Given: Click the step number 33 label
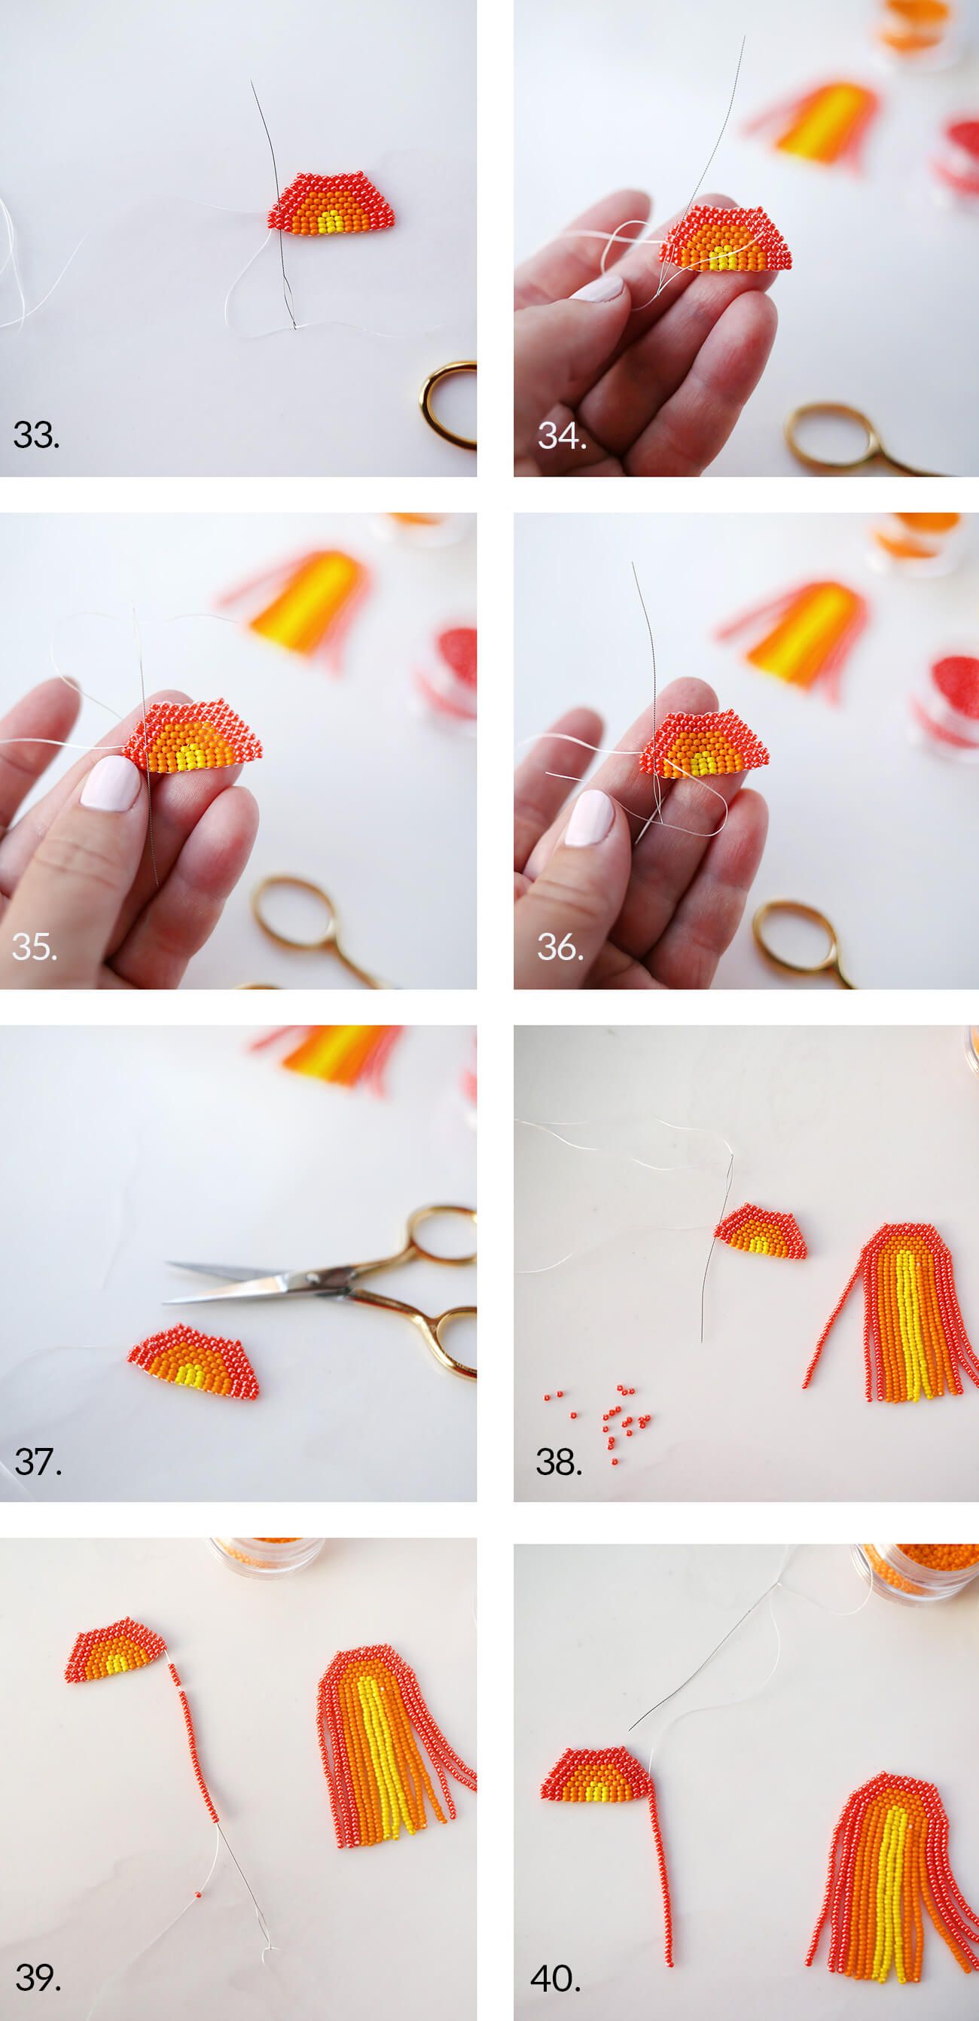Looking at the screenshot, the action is pos(36,435).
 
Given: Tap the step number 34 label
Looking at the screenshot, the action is pos(562,435).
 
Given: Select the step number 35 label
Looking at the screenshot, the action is pos(35,947).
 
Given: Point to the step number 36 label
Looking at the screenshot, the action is pos(560,947).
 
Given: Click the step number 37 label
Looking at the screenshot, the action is pos(38,1462).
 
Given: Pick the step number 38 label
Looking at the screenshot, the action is pos(560,1462).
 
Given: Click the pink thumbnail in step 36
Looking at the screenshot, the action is pos(590,818).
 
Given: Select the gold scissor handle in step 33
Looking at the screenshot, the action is pos(450,405).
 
